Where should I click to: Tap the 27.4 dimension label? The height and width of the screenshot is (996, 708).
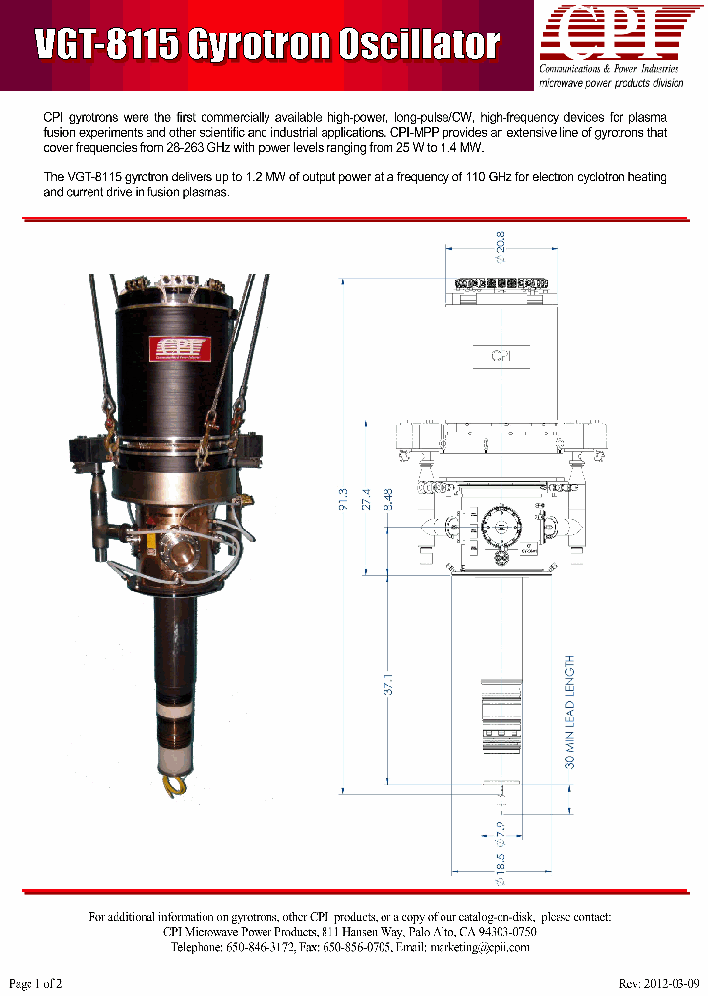click(366, 500)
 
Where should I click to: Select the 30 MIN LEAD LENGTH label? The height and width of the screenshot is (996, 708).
click(570, 712)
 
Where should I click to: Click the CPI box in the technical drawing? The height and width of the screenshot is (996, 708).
click(501, 356)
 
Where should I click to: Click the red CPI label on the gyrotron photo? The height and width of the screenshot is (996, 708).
click(176, 348)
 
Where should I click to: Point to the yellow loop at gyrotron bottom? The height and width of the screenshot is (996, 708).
click(174, 783)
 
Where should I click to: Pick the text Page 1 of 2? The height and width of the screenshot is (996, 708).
click(35, 984)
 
